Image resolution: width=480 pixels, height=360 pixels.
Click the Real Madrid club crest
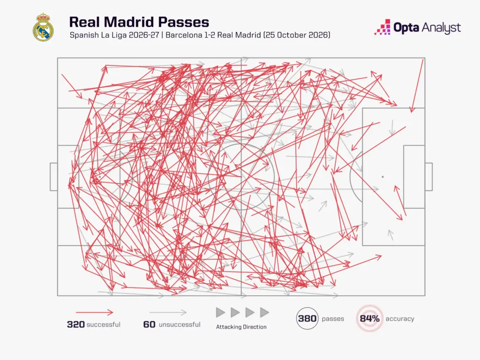[43, 27]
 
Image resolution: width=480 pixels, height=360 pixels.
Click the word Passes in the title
[183, 22]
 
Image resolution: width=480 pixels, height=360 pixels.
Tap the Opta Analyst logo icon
[382, 27]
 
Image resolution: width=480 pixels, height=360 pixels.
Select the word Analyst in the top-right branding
[441, 28]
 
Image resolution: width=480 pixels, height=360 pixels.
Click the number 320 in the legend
[75, 324]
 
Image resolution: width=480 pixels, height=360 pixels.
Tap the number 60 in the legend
[149, 324]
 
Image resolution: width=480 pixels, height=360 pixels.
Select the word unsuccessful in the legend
[180, 324]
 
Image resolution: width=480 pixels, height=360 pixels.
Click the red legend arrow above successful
[95, 313]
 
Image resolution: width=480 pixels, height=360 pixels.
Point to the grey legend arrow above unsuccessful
[168, 313]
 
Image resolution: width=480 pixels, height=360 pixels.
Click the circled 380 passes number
[307, 319]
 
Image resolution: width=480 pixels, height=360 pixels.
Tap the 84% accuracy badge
[369, 319]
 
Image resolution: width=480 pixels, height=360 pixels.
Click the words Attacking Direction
[241, 327]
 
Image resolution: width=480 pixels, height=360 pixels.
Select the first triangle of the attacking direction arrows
[220, 313]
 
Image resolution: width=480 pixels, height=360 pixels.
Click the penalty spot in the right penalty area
[382, 177]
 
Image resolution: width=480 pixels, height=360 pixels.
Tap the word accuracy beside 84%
[400, 319]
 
